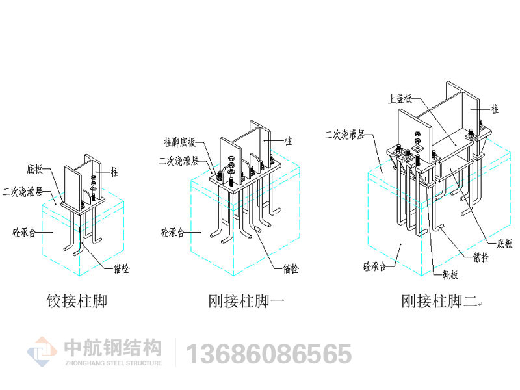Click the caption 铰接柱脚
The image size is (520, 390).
[x=76, y=302]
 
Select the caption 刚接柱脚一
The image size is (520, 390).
[x=246, y=302]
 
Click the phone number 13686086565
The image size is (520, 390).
[x=269, y=354]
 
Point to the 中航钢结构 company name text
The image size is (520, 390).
[x=113, y=348]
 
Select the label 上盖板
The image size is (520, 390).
[x=399, y=99]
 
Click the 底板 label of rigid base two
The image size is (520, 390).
[x=504, y=243]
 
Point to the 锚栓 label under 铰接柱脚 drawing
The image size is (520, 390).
[x=121, y=268]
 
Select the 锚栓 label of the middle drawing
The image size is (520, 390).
[x=291, y=268]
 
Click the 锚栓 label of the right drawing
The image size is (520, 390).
[x=482, y=258]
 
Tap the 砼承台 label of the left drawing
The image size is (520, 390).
[x=24, y=231]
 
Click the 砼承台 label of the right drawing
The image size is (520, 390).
[x=376, y=266]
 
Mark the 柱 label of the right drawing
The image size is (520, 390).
[x=495, y=110]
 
